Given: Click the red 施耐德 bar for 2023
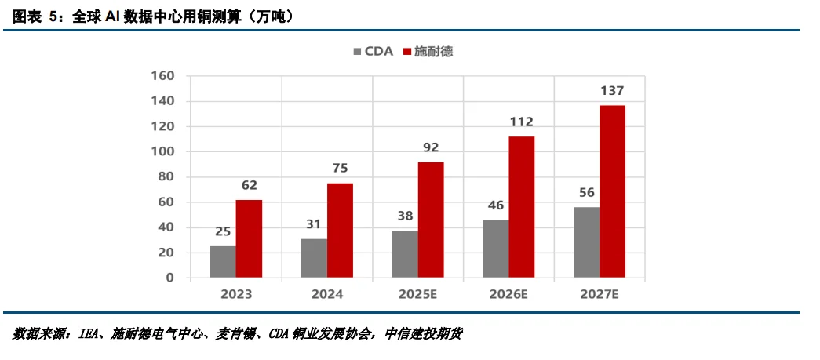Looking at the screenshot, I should point(249,238).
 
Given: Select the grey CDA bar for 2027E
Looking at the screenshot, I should point(586,242).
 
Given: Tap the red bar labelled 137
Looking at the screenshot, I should point(612,191).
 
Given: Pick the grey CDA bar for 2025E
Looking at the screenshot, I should point(404,253).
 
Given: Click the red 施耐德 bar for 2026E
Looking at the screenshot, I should point(521,207).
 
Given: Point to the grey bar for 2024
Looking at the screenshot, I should point(314,258).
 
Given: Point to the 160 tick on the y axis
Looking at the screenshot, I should point(162,76).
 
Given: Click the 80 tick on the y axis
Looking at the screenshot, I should point(166,177).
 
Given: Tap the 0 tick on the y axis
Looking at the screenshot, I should point(169,278).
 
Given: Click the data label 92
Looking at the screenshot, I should point(431,147).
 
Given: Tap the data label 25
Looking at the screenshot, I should point(223,231).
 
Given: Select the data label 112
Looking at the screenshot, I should point(521,122).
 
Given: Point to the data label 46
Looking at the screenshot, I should point(495,205).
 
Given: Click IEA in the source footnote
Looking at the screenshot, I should point(88,334).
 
